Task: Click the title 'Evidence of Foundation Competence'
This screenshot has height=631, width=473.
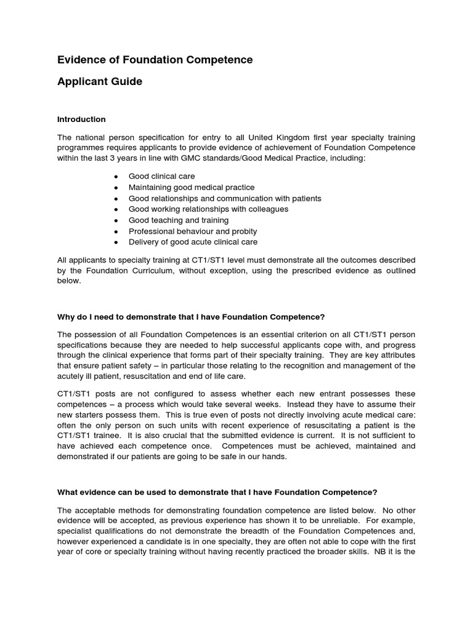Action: pyautogui.click(x=155, y=60)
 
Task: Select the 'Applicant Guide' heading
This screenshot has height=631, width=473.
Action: pyautogui.click(x=99, y=81)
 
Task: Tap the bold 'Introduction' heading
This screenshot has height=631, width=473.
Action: pyautogui.click(x=81, y=119)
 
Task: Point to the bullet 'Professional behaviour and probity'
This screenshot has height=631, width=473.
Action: pyautogui.click(x=193, y=231)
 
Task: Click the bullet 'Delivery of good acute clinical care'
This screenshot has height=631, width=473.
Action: pyautogui.click(x=193, y=242)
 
